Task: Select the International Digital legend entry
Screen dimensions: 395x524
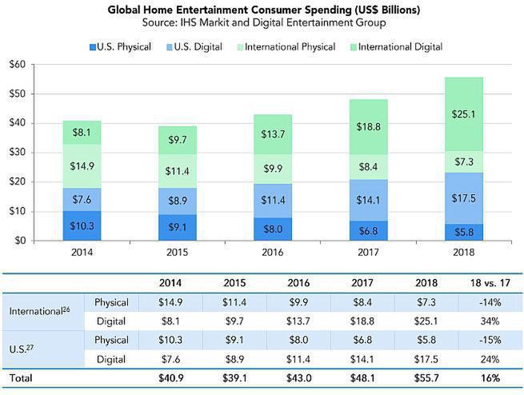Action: [396, 46]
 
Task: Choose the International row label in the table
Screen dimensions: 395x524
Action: [40, 311]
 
